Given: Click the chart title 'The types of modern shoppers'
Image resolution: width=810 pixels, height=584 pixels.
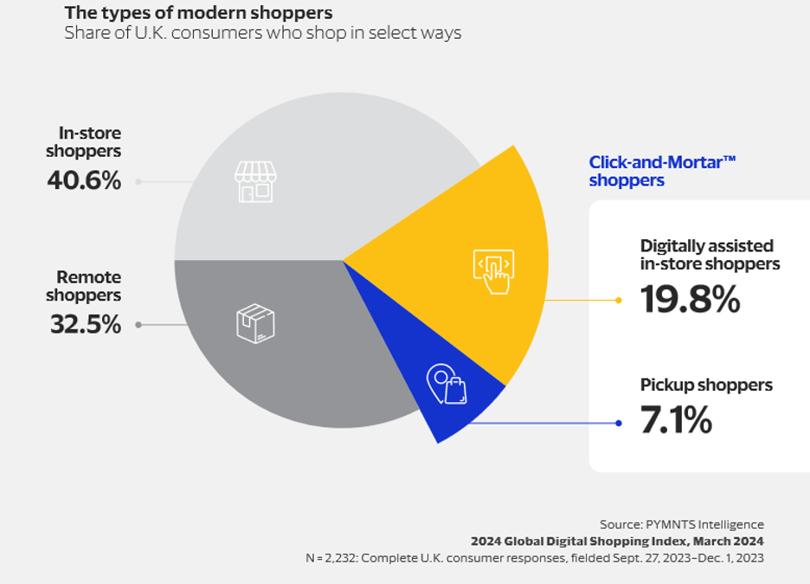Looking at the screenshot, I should click(x=198, y=14).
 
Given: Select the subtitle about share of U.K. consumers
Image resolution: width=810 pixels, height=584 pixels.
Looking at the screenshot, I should click(x=262, y=34).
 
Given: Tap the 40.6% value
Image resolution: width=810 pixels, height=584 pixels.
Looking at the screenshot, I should click(x=83, y=181).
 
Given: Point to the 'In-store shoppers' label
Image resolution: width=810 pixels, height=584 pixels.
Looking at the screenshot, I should click(x=89, y=142).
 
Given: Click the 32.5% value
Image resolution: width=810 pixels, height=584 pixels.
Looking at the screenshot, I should click(x=84, y=325).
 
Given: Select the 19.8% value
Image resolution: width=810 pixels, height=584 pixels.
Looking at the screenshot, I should click(x=690, y=300).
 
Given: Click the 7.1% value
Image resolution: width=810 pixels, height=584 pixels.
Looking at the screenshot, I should click(x=676, y=422).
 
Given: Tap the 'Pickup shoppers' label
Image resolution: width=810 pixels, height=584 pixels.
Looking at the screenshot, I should click(x=706, y=385).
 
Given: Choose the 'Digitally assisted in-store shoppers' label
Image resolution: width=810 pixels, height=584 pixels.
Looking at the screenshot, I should click(x=710, y=255).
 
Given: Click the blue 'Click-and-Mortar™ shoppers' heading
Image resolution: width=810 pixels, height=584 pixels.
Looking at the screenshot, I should click(x=662, y=172).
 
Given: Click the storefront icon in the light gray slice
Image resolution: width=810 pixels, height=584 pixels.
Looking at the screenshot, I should click(x=254, y=181).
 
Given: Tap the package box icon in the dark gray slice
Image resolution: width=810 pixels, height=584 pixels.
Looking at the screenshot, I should click(x=255, y=323).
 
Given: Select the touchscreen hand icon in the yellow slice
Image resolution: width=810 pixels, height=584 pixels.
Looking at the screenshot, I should click(x=493, y=270).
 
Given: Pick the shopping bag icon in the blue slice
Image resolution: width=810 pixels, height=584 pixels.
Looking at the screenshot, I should click(x=447, y=384).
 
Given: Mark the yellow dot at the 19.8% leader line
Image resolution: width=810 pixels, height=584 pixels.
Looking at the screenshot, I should click(x=618, y=301).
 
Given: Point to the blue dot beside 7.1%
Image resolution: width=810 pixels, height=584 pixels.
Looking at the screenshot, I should click(x=618, y=424).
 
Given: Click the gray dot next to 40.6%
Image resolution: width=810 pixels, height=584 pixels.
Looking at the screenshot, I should click(x=138, y=182).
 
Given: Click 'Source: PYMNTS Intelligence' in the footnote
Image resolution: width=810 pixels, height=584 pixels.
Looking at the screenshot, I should click(x=681, y=524).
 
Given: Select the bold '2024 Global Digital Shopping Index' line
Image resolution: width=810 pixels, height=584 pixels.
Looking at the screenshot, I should click(x=617, y=541).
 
